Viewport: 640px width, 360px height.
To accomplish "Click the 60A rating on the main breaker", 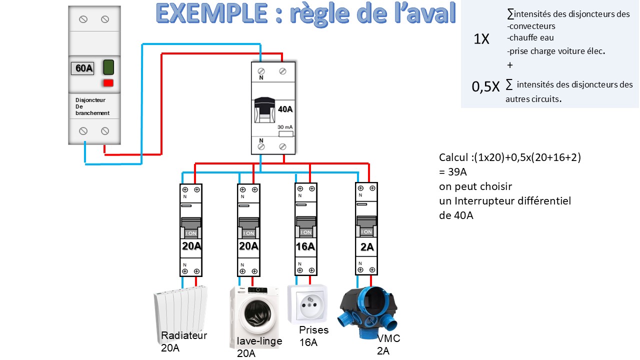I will pos(82,68).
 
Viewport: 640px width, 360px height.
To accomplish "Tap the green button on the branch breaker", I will pos(108,67).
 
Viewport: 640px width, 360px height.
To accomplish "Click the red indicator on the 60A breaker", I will pos(108,83).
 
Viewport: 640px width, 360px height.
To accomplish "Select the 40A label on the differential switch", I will pos(284,109).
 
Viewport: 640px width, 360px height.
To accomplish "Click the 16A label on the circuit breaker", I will pos(305,246).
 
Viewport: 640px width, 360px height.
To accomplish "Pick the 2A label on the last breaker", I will pos(366,246).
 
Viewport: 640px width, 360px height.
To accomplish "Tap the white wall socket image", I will pos(307,303).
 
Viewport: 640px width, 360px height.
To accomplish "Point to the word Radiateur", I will pos(184,335).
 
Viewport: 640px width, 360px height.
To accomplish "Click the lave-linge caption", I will pos(259,341).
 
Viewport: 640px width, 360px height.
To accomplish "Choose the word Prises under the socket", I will pos(314,330).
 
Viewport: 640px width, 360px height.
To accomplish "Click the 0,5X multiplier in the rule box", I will pos(485,86).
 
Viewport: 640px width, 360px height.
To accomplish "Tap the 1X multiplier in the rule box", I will pos(481,39).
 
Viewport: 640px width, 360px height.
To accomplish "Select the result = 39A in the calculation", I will pos(452,172).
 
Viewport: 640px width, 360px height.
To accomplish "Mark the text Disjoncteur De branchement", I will pos(92,106).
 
